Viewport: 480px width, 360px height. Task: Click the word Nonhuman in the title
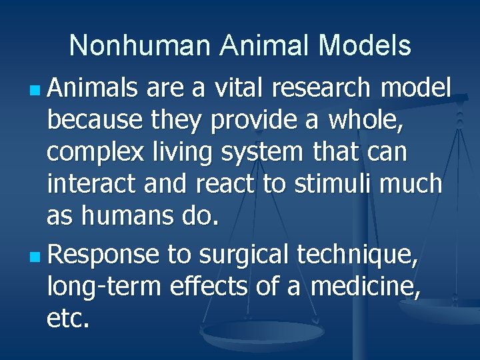pos(139,46)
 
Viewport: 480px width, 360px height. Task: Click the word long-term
pos(103,287)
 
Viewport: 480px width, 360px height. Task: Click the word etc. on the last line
pos(67,319)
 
